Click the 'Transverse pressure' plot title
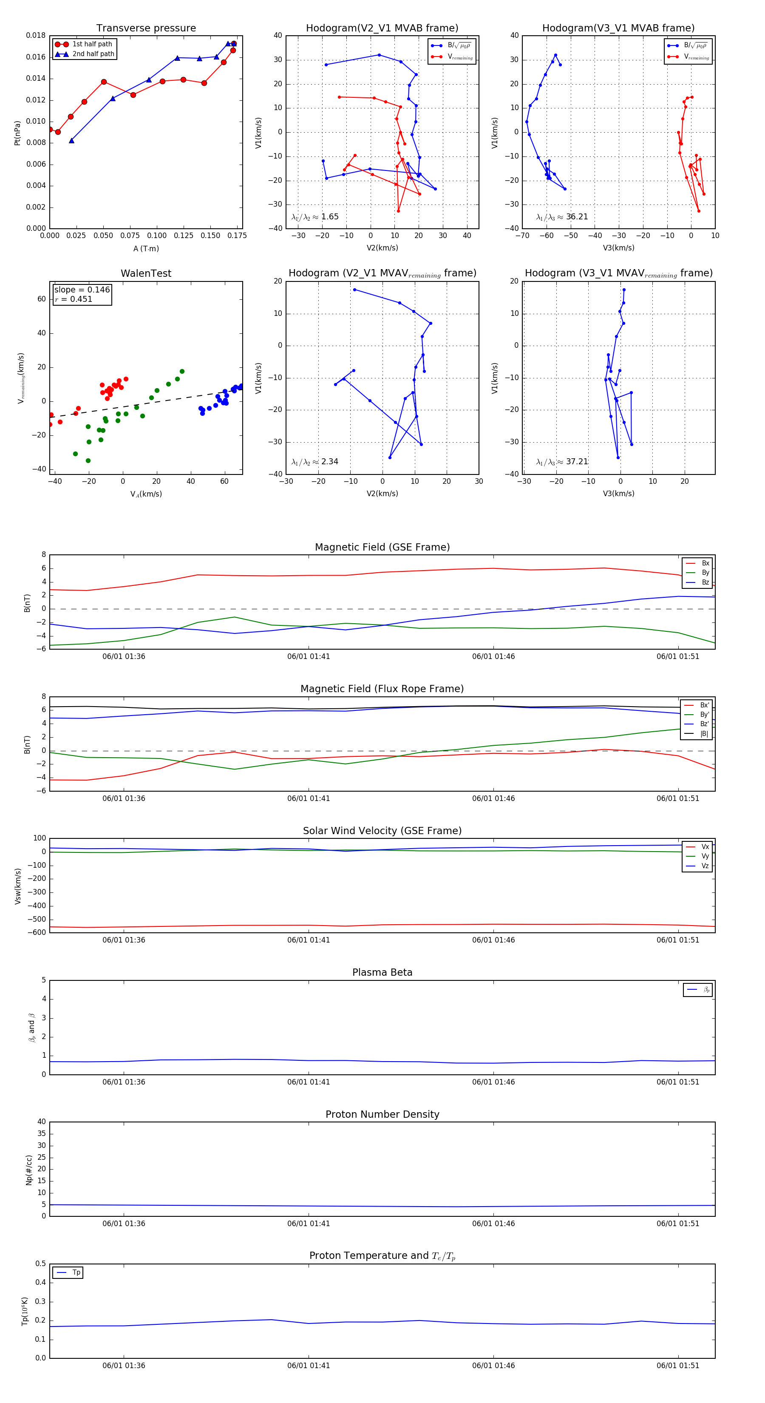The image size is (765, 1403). tap(146, 28)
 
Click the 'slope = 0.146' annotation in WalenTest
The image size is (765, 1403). tap(82, 290)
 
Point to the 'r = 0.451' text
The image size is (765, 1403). tap(74, 299)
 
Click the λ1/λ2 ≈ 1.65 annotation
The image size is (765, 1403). tap(314, 217)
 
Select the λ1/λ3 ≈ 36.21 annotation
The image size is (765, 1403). tap(562, 217)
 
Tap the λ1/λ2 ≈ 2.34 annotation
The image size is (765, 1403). tap(314, 462)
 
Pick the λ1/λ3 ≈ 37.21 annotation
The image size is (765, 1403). tap(562, 462)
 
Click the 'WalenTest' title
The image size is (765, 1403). tap(146, 273)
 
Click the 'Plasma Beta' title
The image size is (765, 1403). tap(382, 973)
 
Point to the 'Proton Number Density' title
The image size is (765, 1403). tap(382, 1114)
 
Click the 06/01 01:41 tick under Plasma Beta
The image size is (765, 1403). tap(309, 1082)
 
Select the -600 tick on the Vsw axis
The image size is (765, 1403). tap(38, 932)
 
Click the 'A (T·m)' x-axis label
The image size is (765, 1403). tap(146, 249)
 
